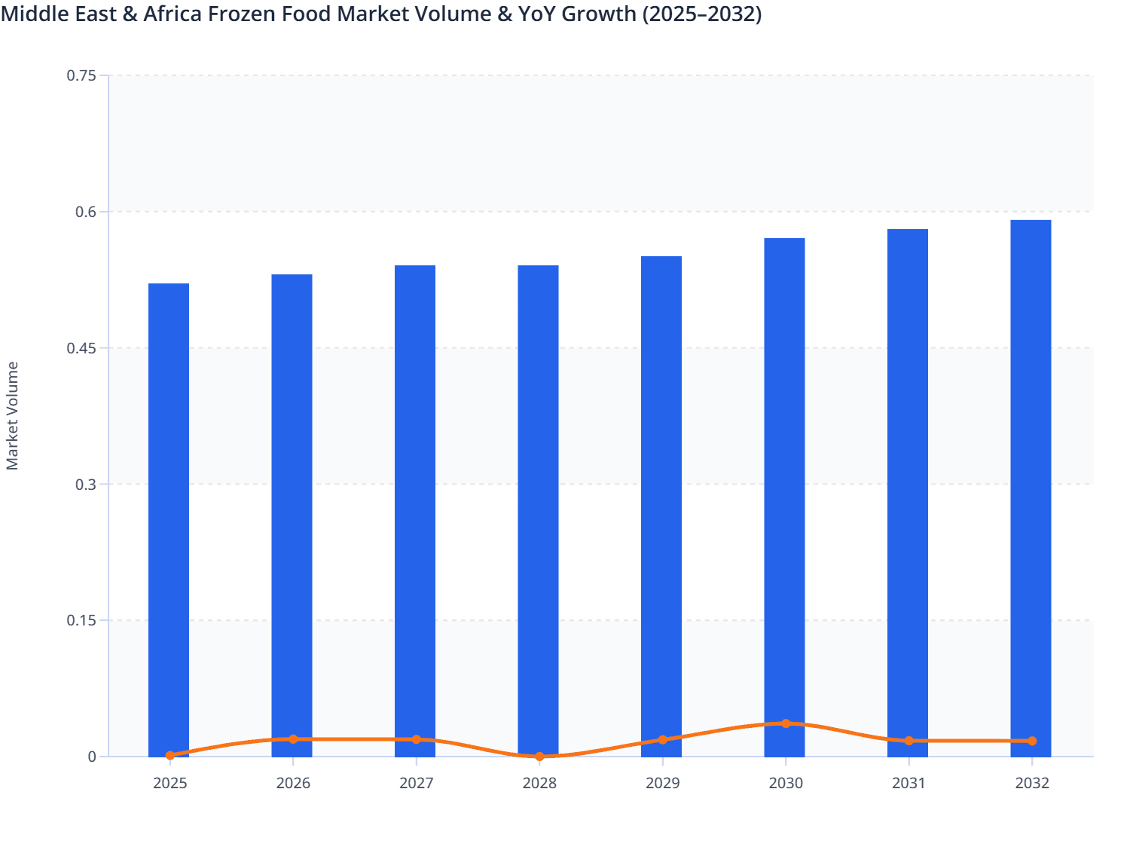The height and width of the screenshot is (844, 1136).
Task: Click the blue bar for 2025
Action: tap(169, 520)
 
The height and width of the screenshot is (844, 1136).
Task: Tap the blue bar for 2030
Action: tap(784, 497)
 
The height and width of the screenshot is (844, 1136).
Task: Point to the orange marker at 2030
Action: tap(786, 723)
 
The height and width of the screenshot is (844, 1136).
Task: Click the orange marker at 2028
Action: tap(539, 757)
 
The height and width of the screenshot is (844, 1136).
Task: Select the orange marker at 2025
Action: tap(170, 755)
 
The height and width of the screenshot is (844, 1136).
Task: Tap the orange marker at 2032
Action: tap(1032, 741)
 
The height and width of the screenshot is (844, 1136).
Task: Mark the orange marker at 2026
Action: tap(293, 739)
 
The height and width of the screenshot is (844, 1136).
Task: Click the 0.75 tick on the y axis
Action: tap(81, 75)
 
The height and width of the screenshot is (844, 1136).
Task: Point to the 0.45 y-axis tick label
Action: tap(81, 348)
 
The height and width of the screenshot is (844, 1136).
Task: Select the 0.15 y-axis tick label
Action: tap(81, 621)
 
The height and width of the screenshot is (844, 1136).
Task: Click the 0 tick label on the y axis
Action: tap(92, 757)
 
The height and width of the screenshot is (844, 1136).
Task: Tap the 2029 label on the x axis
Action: tap(662, 784)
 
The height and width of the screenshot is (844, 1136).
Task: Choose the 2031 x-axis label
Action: tap(908, 784)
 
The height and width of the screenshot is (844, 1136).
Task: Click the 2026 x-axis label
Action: tap(293, 784)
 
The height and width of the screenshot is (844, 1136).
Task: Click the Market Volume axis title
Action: tap(13, 416)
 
